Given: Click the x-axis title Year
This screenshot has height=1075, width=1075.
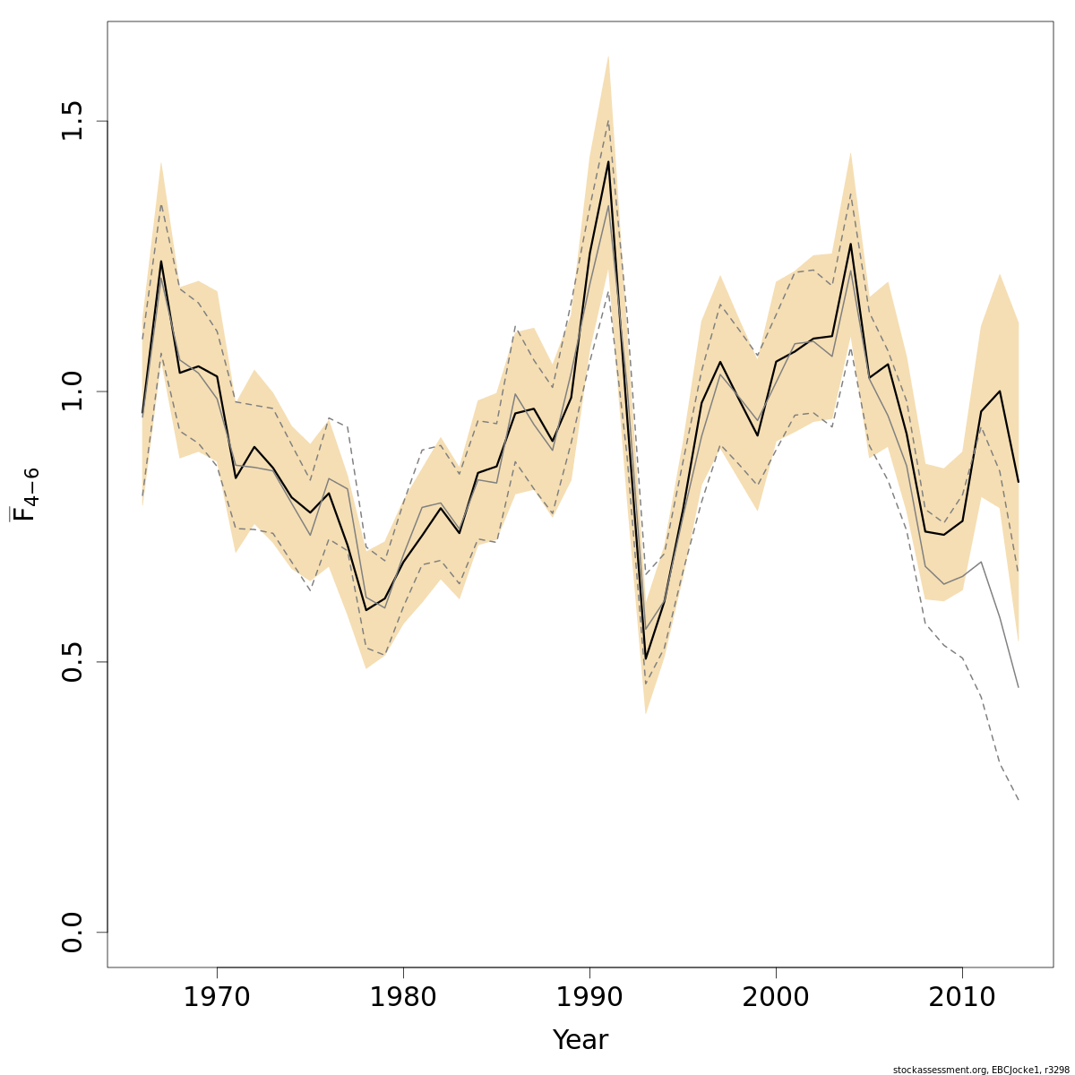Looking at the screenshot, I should coord(580,1040).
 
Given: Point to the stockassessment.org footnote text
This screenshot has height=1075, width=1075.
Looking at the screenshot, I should coord(981,1069).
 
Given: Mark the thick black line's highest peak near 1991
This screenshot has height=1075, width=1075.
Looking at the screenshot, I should coord(608,161).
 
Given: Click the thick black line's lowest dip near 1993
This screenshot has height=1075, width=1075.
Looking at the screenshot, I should coord(646,659).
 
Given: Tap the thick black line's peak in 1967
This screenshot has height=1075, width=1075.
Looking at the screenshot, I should coord(161,261).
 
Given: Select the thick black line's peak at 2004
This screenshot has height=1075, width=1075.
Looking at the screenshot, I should coord(850,244).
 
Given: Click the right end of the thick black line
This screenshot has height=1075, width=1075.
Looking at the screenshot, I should coord(1019,482).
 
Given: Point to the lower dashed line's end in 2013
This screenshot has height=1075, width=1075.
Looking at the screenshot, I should coord(1019,799).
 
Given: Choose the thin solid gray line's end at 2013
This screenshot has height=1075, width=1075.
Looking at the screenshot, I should coord(1019,687).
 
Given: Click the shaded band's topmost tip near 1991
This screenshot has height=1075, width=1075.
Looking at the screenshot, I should coord(608,56).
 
